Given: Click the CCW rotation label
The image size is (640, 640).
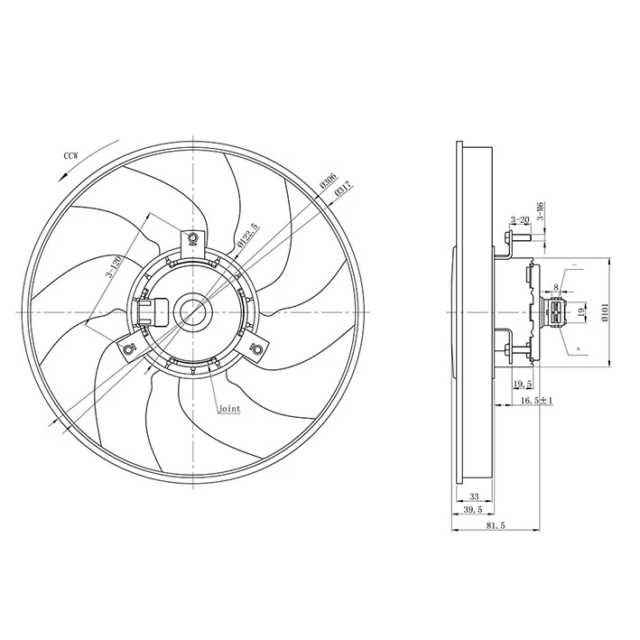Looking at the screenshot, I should (x=70, y=156).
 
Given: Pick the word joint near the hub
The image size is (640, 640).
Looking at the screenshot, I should (x=229, y=409).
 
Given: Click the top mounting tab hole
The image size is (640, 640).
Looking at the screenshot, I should (x=193, y=239).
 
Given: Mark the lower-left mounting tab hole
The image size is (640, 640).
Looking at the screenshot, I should (x=128, y=348).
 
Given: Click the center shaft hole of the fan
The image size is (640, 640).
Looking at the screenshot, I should (x=193, y=311).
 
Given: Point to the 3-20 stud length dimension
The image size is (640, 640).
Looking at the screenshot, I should (x=519, y=220).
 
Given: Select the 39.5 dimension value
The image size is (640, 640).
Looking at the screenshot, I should (x=471, y=511).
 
